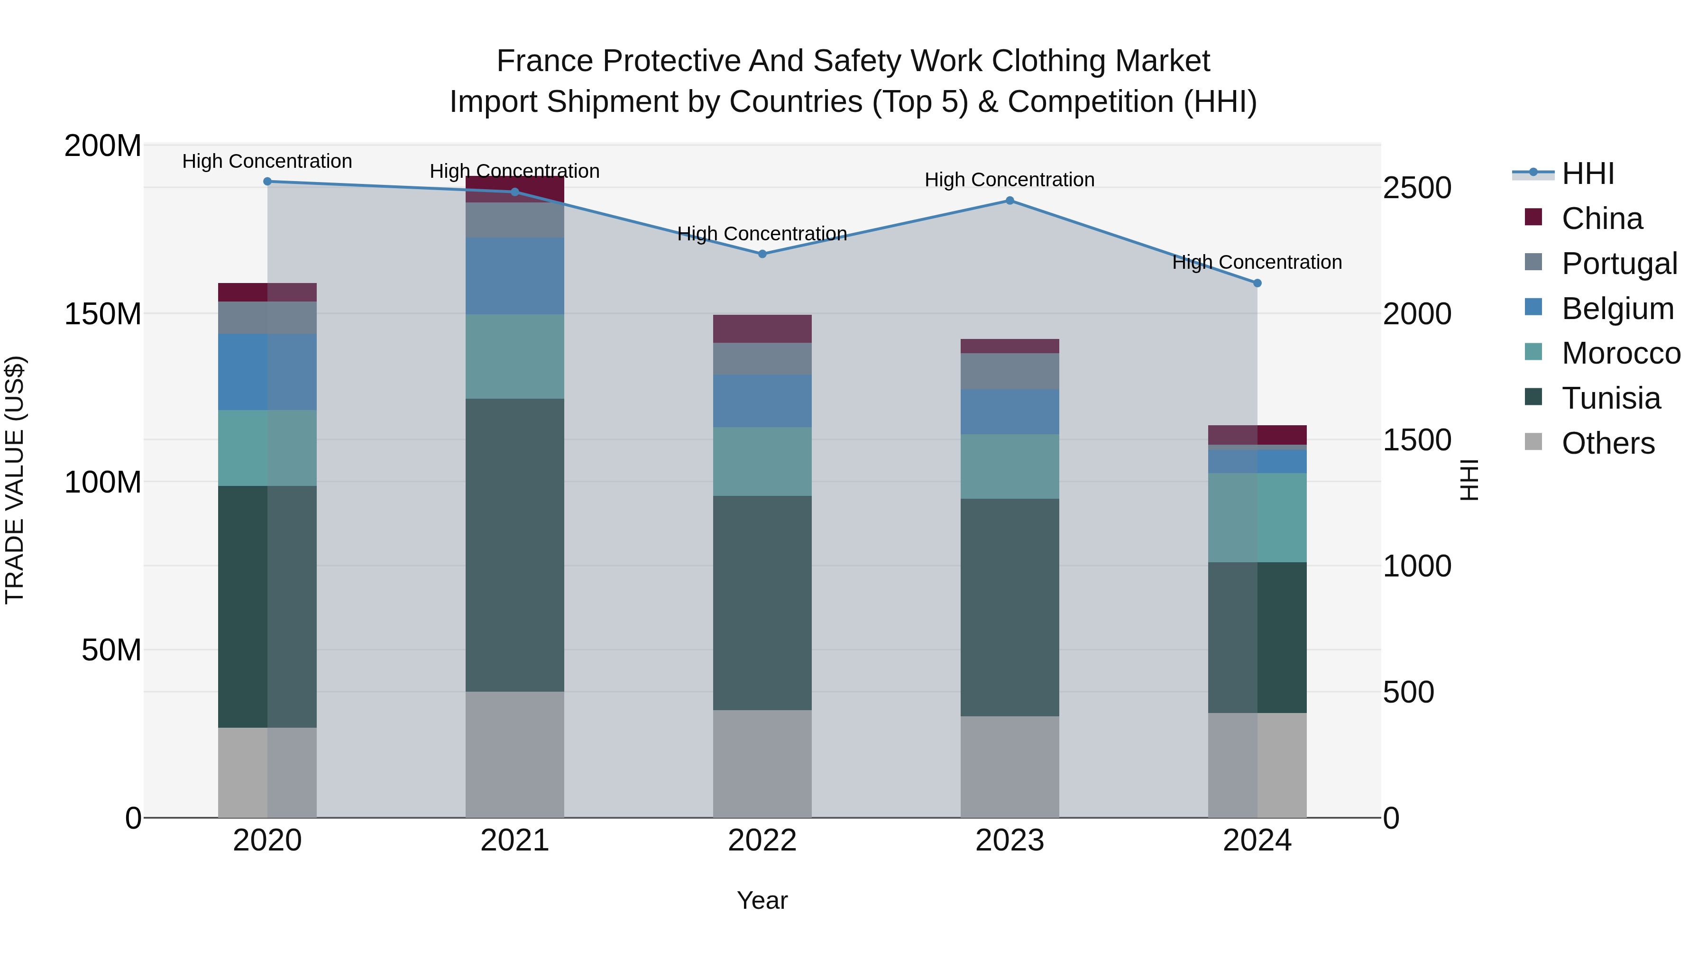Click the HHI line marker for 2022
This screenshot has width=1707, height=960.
click(762, 254)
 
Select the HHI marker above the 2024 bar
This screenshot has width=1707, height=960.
click(1257, 283)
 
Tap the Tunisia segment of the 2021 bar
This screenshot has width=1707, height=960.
click(515, 545)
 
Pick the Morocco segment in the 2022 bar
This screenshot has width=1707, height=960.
click(762, 461)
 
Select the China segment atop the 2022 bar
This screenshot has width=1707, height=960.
click(762, 329)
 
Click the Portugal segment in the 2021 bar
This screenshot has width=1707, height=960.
click(515, 220)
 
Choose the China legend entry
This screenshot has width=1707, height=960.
click(1602, 219)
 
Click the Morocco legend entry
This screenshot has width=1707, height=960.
click(1620, 353)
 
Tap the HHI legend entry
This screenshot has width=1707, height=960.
click(1587, 174)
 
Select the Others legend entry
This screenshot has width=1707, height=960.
click(1607, 443)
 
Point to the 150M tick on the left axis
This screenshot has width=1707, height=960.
click(103, 314)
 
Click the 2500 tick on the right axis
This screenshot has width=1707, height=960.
click(1417, 188)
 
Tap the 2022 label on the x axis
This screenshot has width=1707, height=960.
click(762, 841)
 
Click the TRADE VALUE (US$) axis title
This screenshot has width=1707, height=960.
click(15, 480)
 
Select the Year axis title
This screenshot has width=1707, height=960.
click(762, 900)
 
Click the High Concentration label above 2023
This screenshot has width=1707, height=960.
click(1009, 180)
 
